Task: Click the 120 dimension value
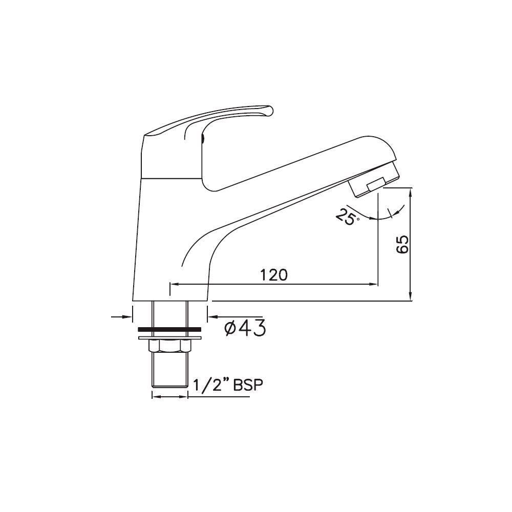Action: [273, 275]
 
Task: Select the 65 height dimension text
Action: [402, 245]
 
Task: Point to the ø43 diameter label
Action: [245, 328]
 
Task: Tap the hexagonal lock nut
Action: [169, 347]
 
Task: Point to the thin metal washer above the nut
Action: [169, 337]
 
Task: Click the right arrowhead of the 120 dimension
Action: [374, 284]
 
